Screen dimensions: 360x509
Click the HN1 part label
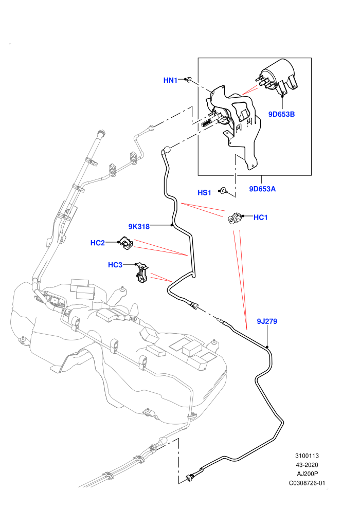click(170, 80)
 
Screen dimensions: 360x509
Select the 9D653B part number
click(281, 114)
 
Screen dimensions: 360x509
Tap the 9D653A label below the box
click(262, 189)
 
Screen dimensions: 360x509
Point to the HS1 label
click(205, 193)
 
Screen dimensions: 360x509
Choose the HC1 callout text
click(260, 217)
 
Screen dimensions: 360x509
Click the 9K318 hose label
click(139, 227)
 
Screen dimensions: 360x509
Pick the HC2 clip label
click(97, 243)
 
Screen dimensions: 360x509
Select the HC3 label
click(115, 265)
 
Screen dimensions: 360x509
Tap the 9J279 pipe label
click(267, 321)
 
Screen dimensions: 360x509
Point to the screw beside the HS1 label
click(223, 191)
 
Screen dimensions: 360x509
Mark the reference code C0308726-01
click(307, 483)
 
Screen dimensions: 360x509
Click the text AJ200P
click(308, 474)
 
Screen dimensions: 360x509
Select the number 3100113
click(307, 456)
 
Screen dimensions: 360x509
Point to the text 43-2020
click(307, 465)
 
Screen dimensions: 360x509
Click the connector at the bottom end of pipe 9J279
click(191, 477)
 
